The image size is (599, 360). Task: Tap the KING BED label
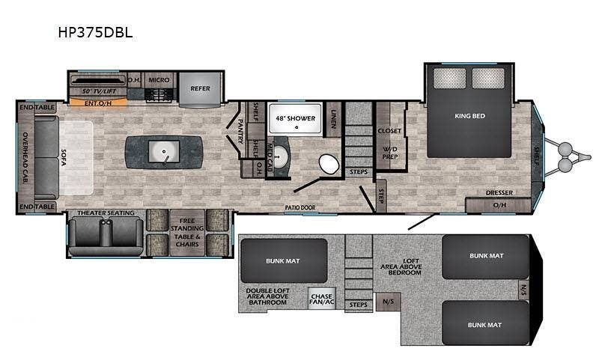pos(469,116)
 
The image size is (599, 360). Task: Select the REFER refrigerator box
pos(200,88)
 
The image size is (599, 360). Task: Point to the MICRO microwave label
pos(158,79)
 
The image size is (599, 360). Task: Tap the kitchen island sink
pos(164,152)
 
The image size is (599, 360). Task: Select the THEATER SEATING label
pos(106,213)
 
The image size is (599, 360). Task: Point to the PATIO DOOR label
pos(301,207)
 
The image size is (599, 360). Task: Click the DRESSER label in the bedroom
pos(499,192)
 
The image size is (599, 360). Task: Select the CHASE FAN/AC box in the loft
pos(321,299)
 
